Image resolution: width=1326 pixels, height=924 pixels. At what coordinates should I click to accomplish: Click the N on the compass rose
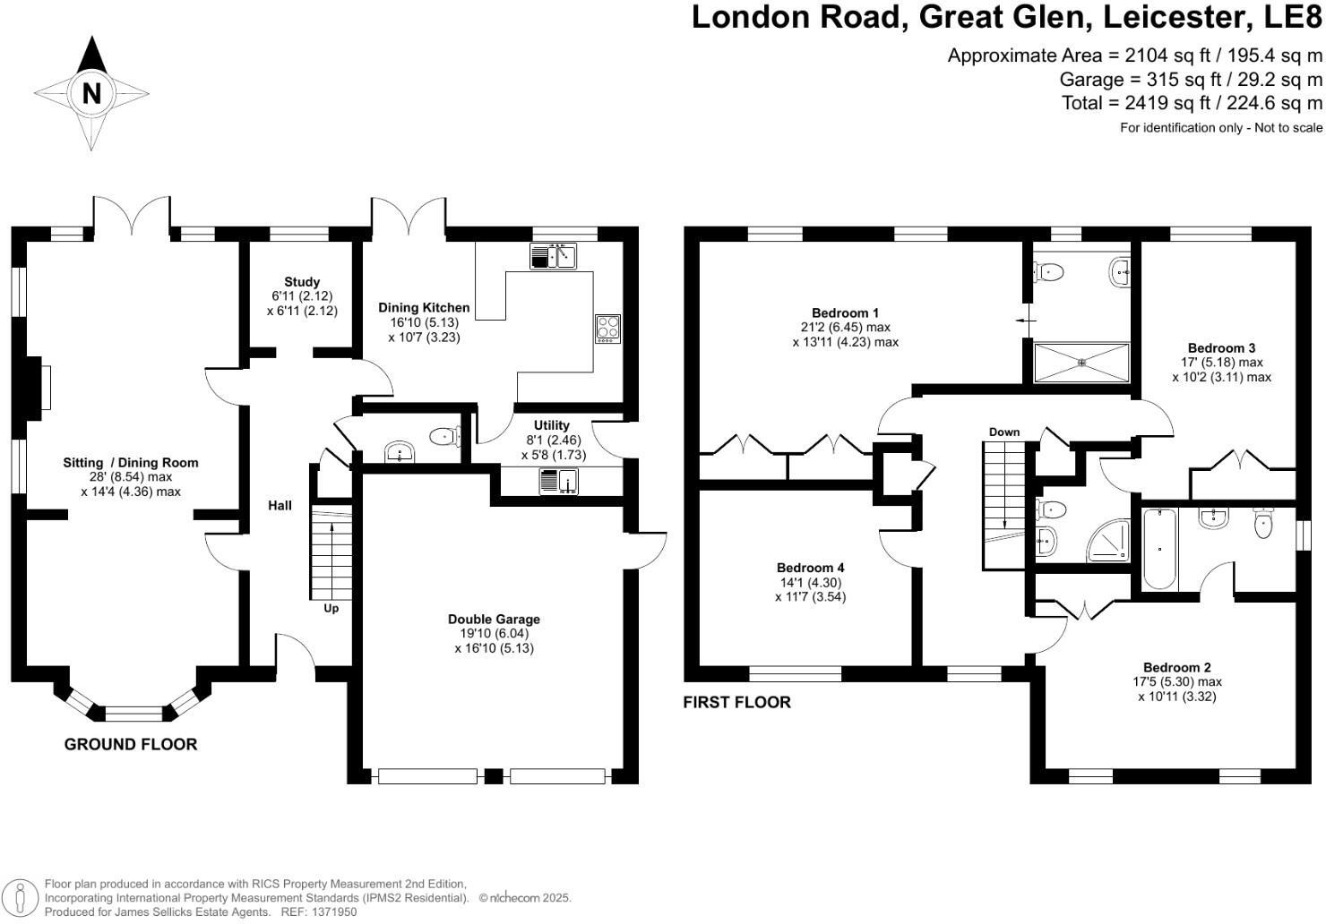click(x=90, y=93)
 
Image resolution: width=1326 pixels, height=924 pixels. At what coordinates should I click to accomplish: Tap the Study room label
click(x=302, y=282)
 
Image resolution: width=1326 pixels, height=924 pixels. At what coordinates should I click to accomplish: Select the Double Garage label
click(x=494, y=619)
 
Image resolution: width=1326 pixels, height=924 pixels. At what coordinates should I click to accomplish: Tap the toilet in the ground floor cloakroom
click(x=445, y=436)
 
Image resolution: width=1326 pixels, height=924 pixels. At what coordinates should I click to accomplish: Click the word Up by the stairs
click(x=331, y=609)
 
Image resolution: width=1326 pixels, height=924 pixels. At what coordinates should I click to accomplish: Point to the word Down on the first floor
click(x=1004, y=432)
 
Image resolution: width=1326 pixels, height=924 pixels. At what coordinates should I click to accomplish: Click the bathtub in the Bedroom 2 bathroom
click(x=1158, y=548)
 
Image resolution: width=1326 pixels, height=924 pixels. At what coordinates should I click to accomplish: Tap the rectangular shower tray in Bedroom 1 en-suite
click(x=1081, y=362)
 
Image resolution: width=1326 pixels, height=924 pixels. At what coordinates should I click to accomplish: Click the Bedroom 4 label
click(x=810, y=568)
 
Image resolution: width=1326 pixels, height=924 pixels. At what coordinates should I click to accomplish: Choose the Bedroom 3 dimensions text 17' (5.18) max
click(x=1221, y=363)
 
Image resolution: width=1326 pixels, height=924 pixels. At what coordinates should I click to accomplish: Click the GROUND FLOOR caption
click(x=131, y=744)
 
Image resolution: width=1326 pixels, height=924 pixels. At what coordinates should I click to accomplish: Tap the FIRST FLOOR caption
click(x=736, y=702)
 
